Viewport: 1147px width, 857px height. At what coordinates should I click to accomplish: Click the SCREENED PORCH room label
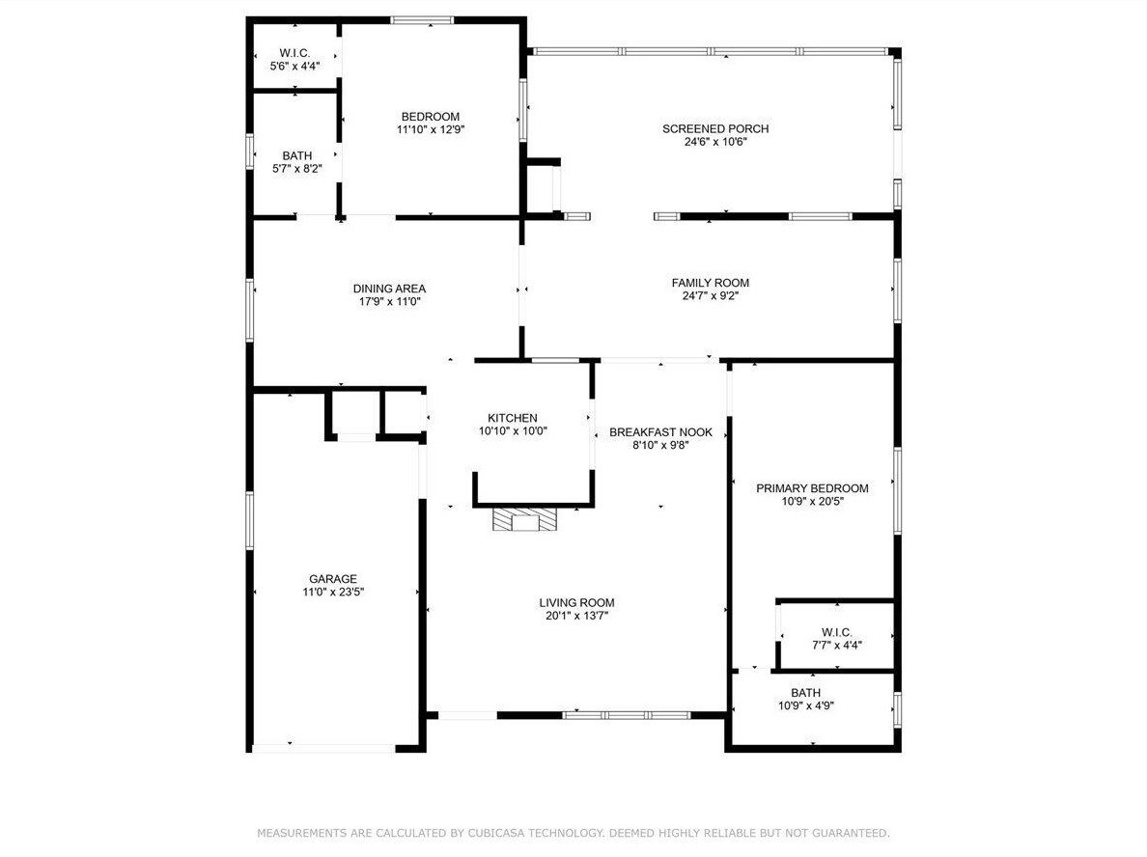point(715,128)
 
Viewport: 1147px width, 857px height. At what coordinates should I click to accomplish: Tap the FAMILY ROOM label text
point(711,283)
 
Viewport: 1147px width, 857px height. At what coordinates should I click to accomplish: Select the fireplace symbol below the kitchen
point(524,519)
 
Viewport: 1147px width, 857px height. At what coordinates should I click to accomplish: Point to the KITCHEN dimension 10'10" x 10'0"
point(513,431)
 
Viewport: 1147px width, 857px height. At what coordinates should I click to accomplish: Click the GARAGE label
point(333,579)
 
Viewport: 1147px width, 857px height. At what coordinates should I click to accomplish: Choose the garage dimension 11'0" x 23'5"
point(333,593)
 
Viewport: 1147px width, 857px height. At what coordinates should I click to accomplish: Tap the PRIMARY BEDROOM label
point(812,488)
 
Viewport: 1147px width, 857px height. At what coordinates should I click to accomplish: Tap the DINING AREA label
point(389,289)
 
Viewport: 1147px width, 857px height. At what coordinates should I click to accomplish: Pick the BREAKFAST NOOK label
point(660,432)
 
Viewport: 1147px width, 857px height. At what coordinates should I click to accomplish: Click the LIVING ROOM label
point(576,603)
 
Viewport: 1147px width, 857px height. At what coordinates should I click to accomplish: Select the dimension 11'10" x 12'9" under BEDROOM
point(431,130)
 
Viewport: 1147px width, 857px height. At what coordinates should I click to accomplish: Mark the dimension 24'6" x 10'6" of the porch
point(715,142)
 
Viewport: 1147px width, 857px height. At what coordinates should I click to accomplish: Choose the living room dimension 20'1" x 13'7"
point(576,617)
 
